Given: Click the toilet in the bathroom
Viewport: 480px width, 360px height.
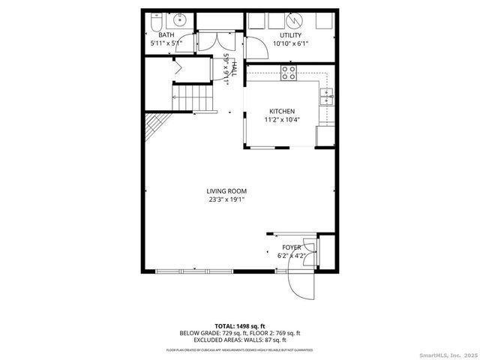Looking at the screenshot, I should [x=152, y=23].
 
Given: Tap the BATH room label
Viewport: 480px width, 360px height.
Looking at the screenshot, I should [x=166, y=35].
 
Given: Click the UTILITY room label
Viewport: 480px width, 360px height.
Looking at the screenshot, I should [x=291, y=35].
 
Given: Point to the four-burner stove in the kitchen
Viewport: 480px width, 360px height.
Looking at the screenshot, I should [x=289, y=72].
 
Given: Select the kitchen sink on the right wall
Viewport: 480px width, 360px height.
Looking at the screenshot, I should [x=326, y=95].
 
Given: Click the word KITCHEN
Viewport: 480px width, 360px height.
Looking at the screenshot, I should [x=282, y=111].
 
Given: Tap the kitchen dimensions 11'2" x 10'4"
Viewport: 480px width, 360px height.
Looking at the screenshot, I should [x=282, y=119].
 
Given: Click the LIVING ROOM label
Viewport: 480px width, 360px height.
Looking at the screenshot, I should [x=226, y=190].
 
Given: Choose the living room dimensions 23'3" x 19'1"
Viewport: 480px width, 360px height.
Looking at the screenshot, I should [x=226, y=199].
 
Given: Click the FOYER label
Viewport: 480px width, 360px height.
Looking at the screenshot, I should [x=291, y=247].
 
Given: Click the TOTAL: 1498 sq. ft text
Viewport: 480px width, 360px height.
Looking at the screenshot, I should [x=239, y=326].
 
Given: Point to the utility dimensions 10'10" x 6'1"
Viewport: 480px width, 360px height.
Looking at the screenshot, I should [x=291, y=43].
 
